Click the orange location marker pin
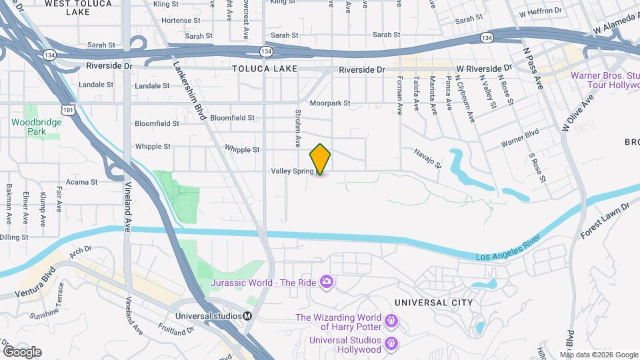pyautogui.click(x=320, y=159)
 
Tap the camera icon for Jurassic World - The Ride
pyautogui.click(x=326, y=282)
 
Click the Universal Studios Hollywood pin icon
pyautogui.click(x=391, y=344)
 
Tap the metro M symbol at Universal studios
pyautogui.click(x=247, y=316)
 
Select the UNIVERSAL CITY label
pyautogui.click(x=433, y=302)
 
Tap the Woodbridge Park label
pyautogui.click(x=36, y=127)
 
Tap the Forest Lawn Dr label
pyautogui.click(x=605, y=222)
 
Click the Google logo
pyautogui.click(x=22, y=351)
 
